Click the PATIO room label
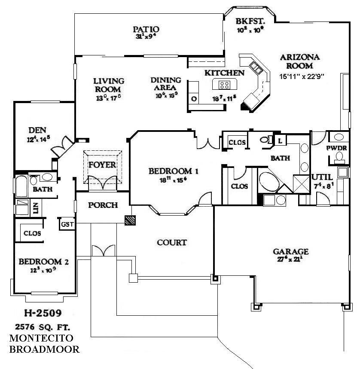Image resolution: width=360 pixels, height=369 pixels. pos(146,30)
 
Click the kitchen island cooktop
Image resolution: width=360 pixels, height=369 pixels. pos(225,84)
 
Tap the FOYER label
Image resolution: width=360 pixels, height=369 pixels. pos(102,165)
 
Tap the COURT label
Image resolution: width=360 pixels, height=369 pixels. pos(171,242)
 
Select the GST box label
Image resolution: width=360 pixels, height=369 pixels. pos(67,224)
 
